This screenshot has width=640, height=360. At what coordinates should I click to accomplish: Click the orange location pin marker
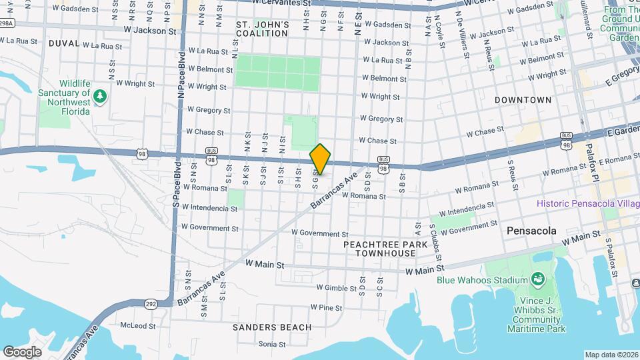(x=321, y=159)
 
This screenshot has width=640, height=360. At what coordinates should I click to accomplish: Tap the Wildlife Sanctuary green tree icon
(x=100, y=96)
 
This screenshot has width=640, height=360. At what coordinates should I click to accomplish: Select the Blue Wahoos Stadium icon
(x=537, y=279)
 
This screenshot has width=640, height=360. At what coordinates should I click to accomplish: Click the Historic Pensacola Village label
(x=587, y=203)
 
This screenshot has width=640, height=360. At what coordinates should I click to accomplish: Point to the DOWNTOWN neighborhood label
(x=523, y=100)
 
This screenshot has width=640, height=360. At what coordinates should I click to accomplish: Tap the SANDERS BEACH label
(x=272, y=327)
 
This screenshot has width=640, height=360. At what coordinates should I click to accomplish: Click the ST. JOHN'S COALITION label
(x=263, y=29)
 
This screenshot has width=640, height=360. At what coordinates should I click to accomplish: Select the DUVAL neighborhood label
(x=63, y=43)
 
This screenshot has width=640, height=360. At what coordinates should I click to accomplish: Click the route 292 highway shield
(x=151, y=303)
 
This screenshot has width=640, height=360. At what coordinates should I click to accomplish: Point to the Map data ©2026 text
(x=611, y=355)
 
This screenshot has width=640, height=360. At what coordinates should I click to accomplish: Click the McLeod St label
(x=137, y=327)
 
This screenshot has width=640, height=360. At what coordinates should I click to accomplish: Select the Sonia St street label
(x=272, y=344)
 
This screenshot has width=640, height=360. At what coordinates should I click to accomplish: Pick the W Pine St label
(x=326, y=308)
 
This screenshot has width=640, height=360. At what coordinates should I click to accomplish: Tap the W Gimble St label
(x=337, y=287)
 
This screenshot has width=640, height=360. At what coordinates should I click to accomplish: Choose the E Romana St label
(x=619, y=161)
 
